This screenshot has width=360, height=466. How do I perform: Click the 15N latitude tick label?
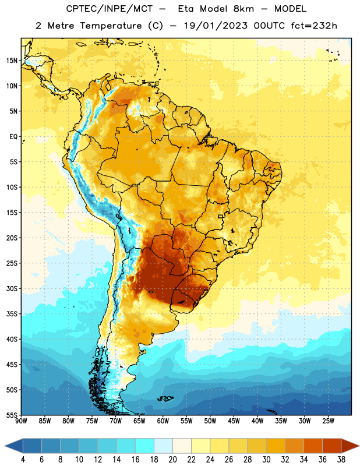coord(12,61)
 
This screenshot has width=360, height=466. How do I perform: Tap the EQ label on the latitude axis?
coord(13,137)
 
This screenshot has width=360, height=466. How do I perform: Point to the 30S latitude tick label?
coord(12,288)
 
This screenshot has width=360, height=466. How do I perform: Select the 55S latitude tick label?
coord(12,415)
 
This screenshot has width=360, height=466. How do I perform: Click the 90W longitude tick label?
coord(21,421)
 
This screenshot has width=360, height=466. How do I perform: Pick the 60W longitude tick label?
coord(163,421)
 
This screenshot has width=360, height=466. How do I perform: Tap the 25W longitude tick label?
coord(328,421)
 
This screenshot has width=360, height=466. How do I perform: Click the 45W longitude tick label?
coord(234,421)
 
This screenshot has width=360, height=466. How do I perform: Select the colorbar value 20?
coord(172,460)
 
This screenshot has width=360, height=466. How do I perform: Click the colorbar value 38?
coord(341,460)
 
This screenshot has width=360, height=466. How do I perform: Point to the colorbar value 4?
coord(23,460)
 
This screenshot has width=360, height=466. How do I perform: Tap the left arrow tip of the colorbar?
coord(5,446)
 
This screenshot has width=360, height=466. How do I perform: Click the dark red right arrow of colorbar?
coord(350,446)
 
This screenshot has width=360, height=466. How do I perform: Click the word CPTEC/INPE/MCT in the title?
coord(110,9)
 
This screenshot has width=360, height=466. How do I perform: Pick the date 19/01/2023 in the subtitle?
coord(216,26)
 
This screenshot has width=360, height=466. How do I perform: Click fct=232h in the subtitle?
coord(314,26)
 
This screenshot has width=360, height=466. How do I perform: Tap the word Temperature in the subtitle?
coord(111,26)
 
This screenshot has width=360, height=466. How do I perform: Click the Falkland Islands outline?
coord(165,398)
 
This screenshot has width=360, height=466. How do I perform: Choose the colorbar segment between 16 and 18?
coord(145,446)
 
